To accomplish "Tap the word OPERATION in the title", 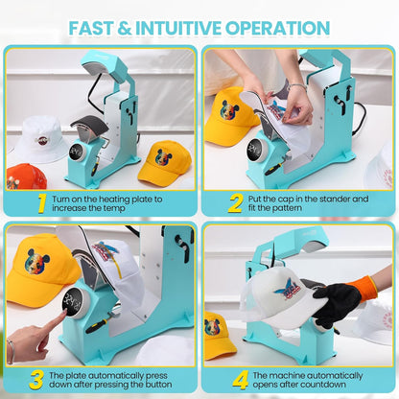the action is pos(277,28).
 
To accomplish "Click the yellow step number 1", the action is pos(42,203).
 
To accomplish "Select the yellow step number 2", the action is pos(235,203).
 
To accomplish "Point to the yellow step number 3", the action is pos(36,380).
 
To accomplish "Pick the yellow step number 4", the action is pos(241,380).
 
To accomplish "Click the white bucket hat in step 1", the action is pos(41,139).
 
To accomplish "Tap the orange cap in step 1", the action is pos(26,176).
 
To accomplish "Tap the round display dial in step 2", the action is pos(255,150).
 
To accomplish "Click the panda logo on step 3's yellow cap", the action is pos(37,261).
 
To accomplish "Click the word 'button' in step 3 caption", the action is pos(156,385).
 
